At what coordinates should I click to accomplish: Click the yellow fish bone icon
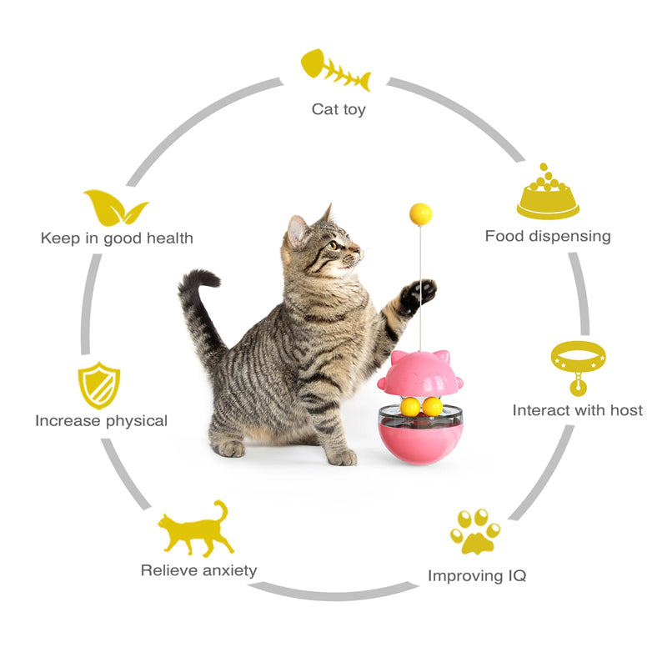pos(336,70)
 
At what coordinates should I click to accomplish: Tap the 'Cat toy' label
pos(339,109)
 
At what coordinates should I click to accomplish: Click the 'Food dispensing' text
pos(548,236)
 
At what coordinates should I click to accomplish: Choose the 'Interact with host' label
pos(578,410)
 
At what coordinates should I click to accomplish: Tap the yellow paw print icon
pos(475,532)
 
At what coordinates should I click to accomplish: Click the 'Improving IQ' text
pos(477,575)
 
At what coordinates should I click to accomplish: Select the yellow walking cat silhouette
pos(195,529)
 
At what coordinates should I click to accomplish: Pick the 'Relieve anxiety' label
pos(198,570)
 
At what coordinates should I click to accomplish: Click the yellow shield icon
pos(99,385)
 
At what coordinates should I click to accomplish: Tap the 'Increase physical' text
pos(101,421)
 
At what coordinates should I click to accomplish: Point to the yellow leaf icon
pos(115,208)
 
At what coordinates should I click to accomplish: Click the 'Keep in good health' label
pos(117,238)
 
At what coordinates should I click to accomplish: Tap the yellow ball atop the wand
pos(421,214)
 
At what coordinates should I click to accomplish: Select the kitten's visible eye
pos(333,245)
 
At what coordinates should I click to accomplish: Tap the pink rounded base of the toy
pos(419,444)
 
